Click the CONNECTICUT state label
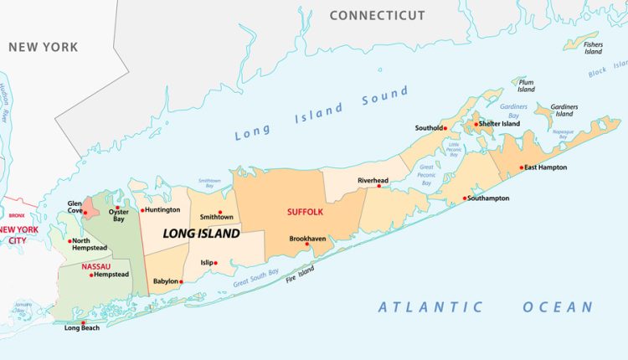tap(377, 15)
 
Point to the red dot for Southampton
tap(466, 198)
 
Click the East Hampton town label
tap(546, 167)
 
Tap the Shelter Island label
tap(500, 124)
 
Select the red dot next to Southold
tap(445, 128)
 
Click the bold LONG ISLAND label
tap(201, 234)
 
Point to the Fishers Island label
tap(593, 48)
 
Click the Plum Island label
tap(526, 86)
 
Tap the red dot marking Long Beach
tap(82, 322)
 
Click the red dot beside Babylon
tap(180, 281)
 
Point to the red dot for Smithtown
tap(220, 213)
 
